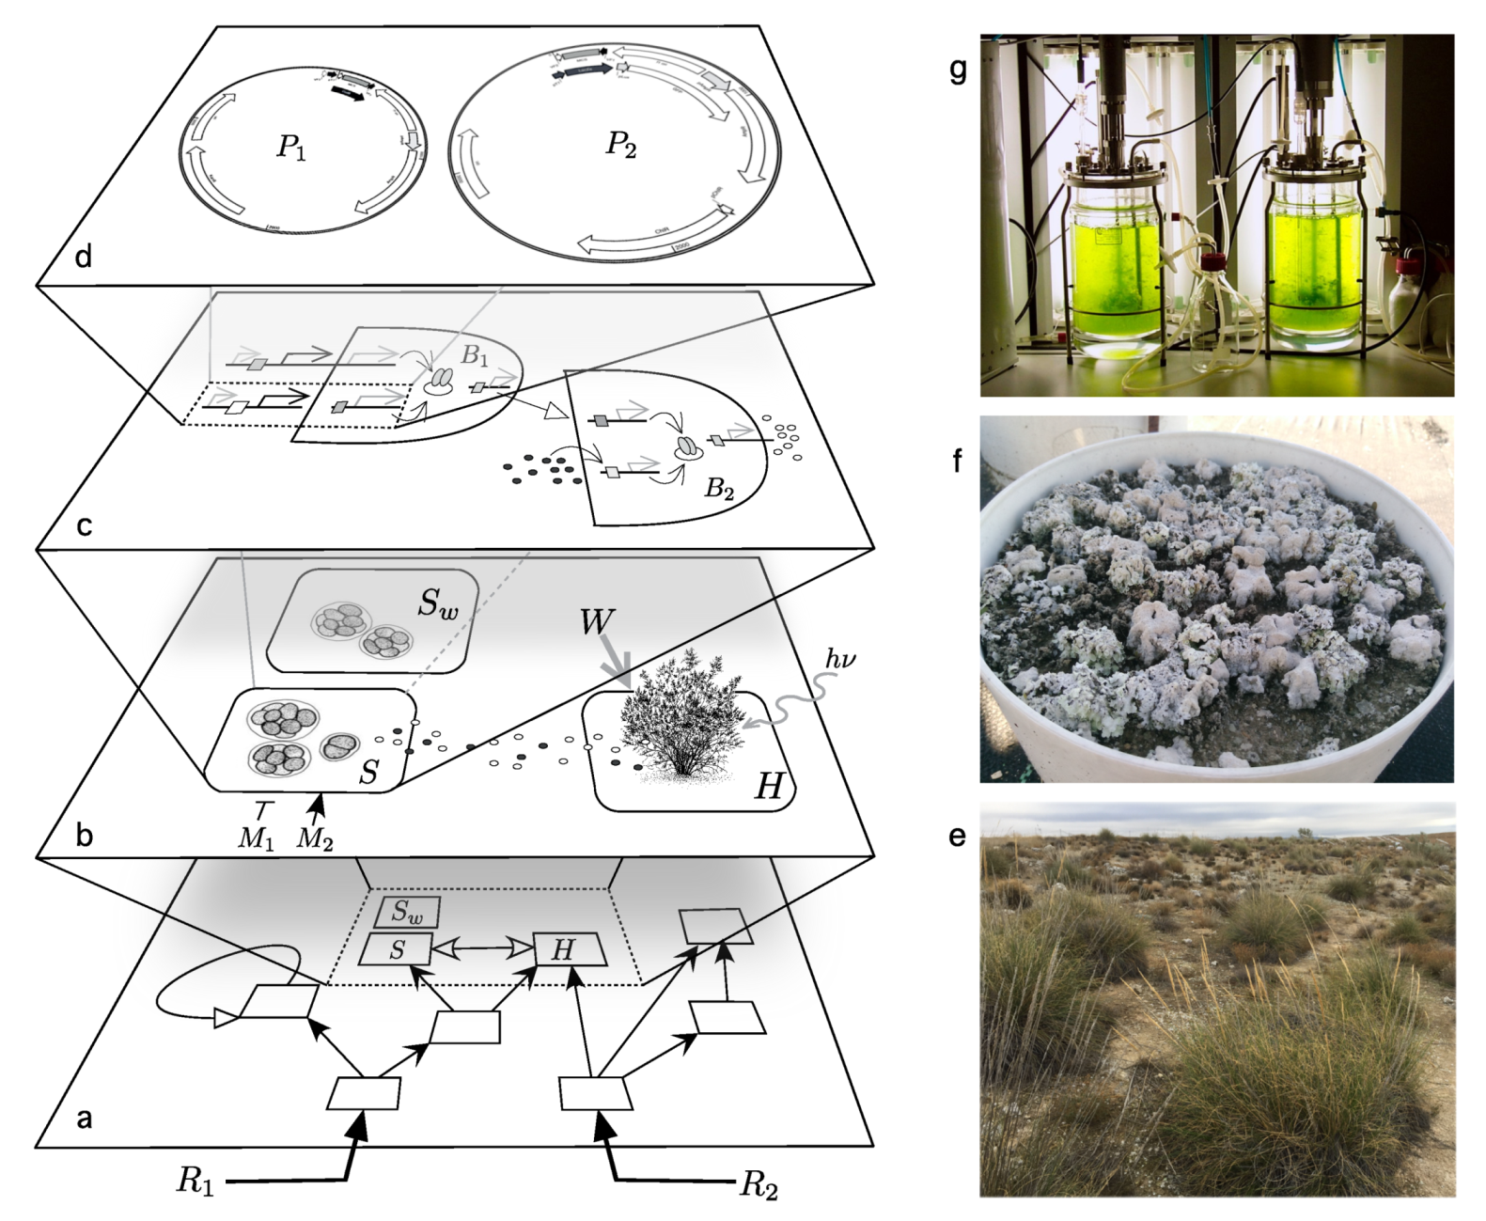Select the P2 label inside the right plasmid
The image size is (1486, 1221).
(620, 145)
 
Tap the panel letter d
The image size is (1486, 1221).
(84, 255)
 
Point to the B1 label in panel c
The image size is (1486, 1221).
(475, 356)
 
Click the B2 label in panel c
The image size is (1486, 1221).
(719, 489)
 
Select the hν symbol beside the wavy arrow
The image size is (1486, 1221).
(839, 659)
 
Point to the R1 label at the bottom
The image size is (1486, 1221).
(195, 1182)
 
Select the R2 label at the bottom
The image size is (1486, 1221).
(759, 1184)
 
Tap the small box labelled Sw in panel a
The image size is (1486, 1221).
(406, 912)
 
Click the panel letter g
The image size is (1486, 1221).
(958, 70)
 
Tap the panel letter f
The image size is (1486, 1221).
(957, 461)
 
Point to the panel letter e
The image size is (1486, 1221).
(957, 835)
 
